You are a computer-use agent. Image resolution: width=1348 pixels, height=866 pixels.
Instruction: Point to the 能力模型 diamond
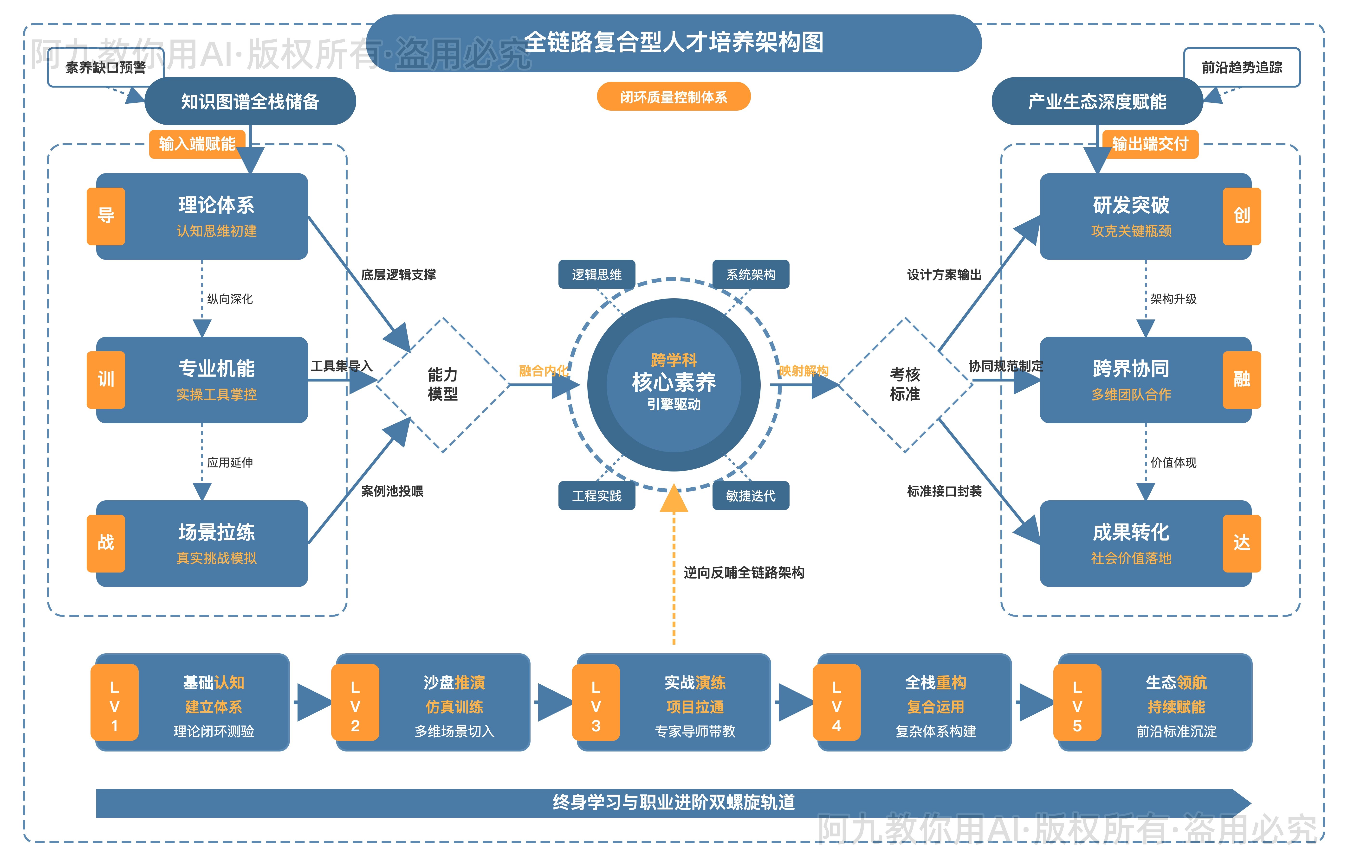tap(443, 385)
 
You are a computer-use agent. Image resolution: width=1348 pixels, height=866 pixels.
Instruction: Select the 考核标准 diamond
tap(905, 385)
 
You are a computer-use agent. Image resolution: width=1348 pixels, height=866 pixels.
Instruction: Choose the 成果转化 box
tap(1131, 543)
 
